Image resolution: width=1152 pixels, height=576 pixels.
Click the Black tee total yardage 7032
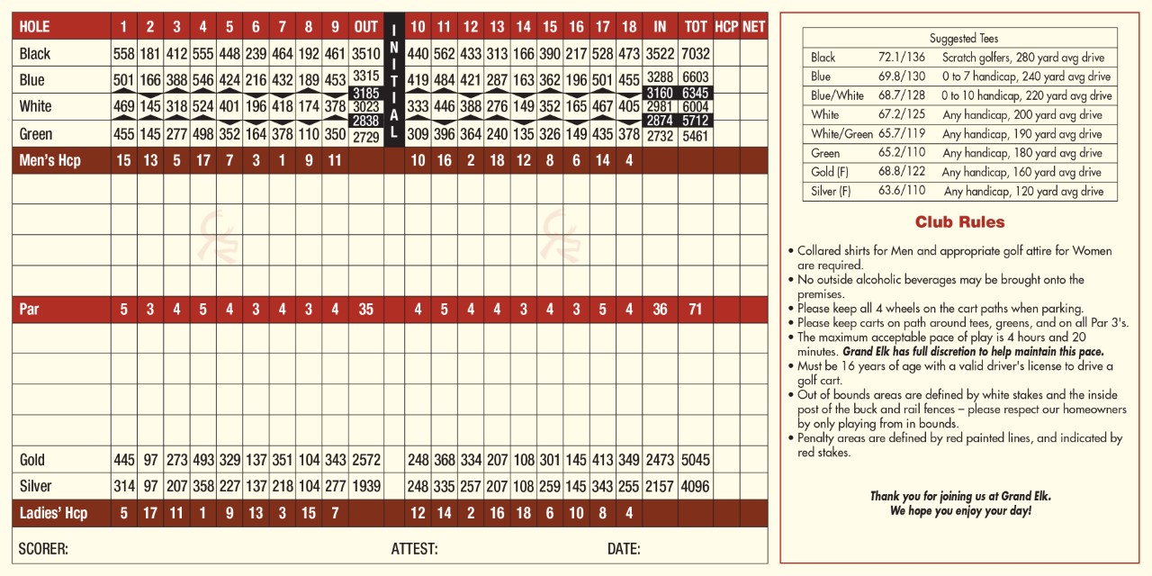pyautogui.click(x=696, y=54)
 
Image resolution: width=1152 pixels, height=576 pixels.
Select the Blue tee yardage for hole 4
pyautogui.click(x=203, y=80)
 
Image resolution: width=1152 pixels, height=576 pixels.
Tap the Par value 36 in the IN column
pyautogui.click(x=660, y=310)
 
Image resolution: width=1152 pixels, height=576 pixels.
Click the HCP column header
pyautogui.click(x=726, y=27)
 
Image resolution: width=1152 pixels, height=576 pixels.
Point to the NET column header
pyautogui.click(x=753, y=27)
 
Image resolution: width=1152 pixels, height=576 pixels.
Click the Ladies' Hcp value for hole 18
pyautogui.click(x=629, y=513)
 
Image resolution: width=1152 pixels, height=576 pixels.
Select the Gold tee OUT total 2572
pyautogui.click(x=366, y=460)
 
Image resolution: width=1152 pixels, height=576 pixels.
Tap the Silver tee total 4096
pyautogui.click(x=696, y=487)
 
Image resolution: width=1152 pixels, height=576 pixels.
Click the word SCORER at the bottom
pyautogui.click(x=43, y=549)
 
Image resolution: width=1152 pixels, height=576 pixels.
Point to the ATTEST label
pyautogui.click(x=414, y=549)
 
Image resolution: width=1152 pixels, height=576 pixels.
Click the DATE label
pyautogui.click(x=624, y=549)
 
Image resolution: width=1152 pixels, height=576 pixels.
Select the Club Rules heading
pyautogui.click(x=959, y=222)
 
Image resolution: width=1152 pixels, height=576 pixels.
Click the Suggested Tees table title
pyautogui.click(x=959, y=39)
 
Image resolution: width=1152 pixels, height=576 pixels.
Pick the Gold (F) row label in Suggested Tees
pyautogui.click(x=830, y=172)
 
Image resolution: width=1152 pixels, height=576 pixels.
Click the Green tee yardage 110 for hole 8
pyautogui.click(x=309, y=135)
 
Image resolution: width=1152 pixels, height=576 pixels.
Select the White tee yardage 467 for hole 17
pyautogui.click(x=603, y=106)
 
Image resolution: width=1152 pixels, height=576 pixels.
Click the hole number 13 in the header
pyautogui.click(x=497, y=27)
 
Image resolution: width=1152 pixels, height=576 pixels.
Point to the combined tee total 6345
pyautogui.click(x=696, y=94)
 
